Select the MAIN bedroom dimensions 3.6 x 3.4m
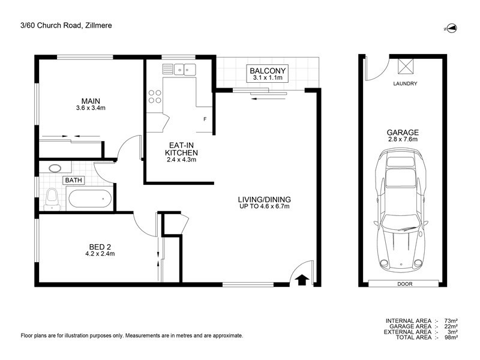click(91, 108)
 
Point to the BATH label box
click(75, 179)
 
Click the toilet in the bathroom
click(52, 197)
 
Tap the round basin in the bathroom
click(55, 169)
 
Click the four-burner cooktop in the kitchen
click(155, 97)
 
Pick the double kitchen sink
click(183, 70)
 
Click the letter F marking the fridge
click(205, 119)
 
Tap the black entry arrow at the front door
click(302, 278)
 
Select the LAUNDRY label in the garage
click(405, 83)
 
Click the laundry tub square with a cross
click(406, 66)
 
